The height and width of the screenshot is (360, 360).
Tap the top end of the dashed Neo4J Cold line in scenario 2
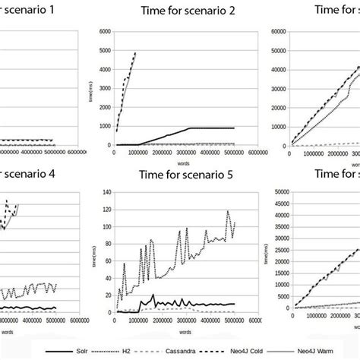coord(135,53)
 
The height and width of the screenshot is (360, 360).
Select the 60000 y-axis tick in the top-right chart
coord(274,31)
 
